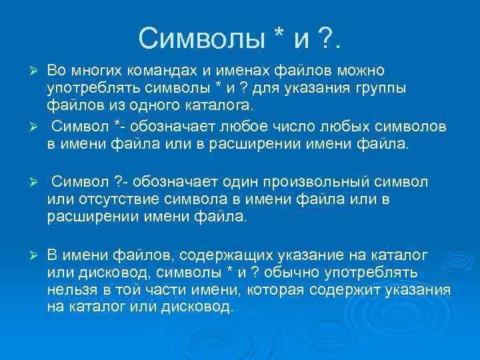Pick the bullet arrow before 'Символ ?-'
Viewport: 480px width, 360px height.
tap(38, 181)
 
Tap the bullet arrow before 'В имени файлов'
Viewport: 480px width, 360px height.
tap(38, 255)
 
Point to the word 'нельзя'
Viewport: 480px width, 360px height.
tap(70, 290)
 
